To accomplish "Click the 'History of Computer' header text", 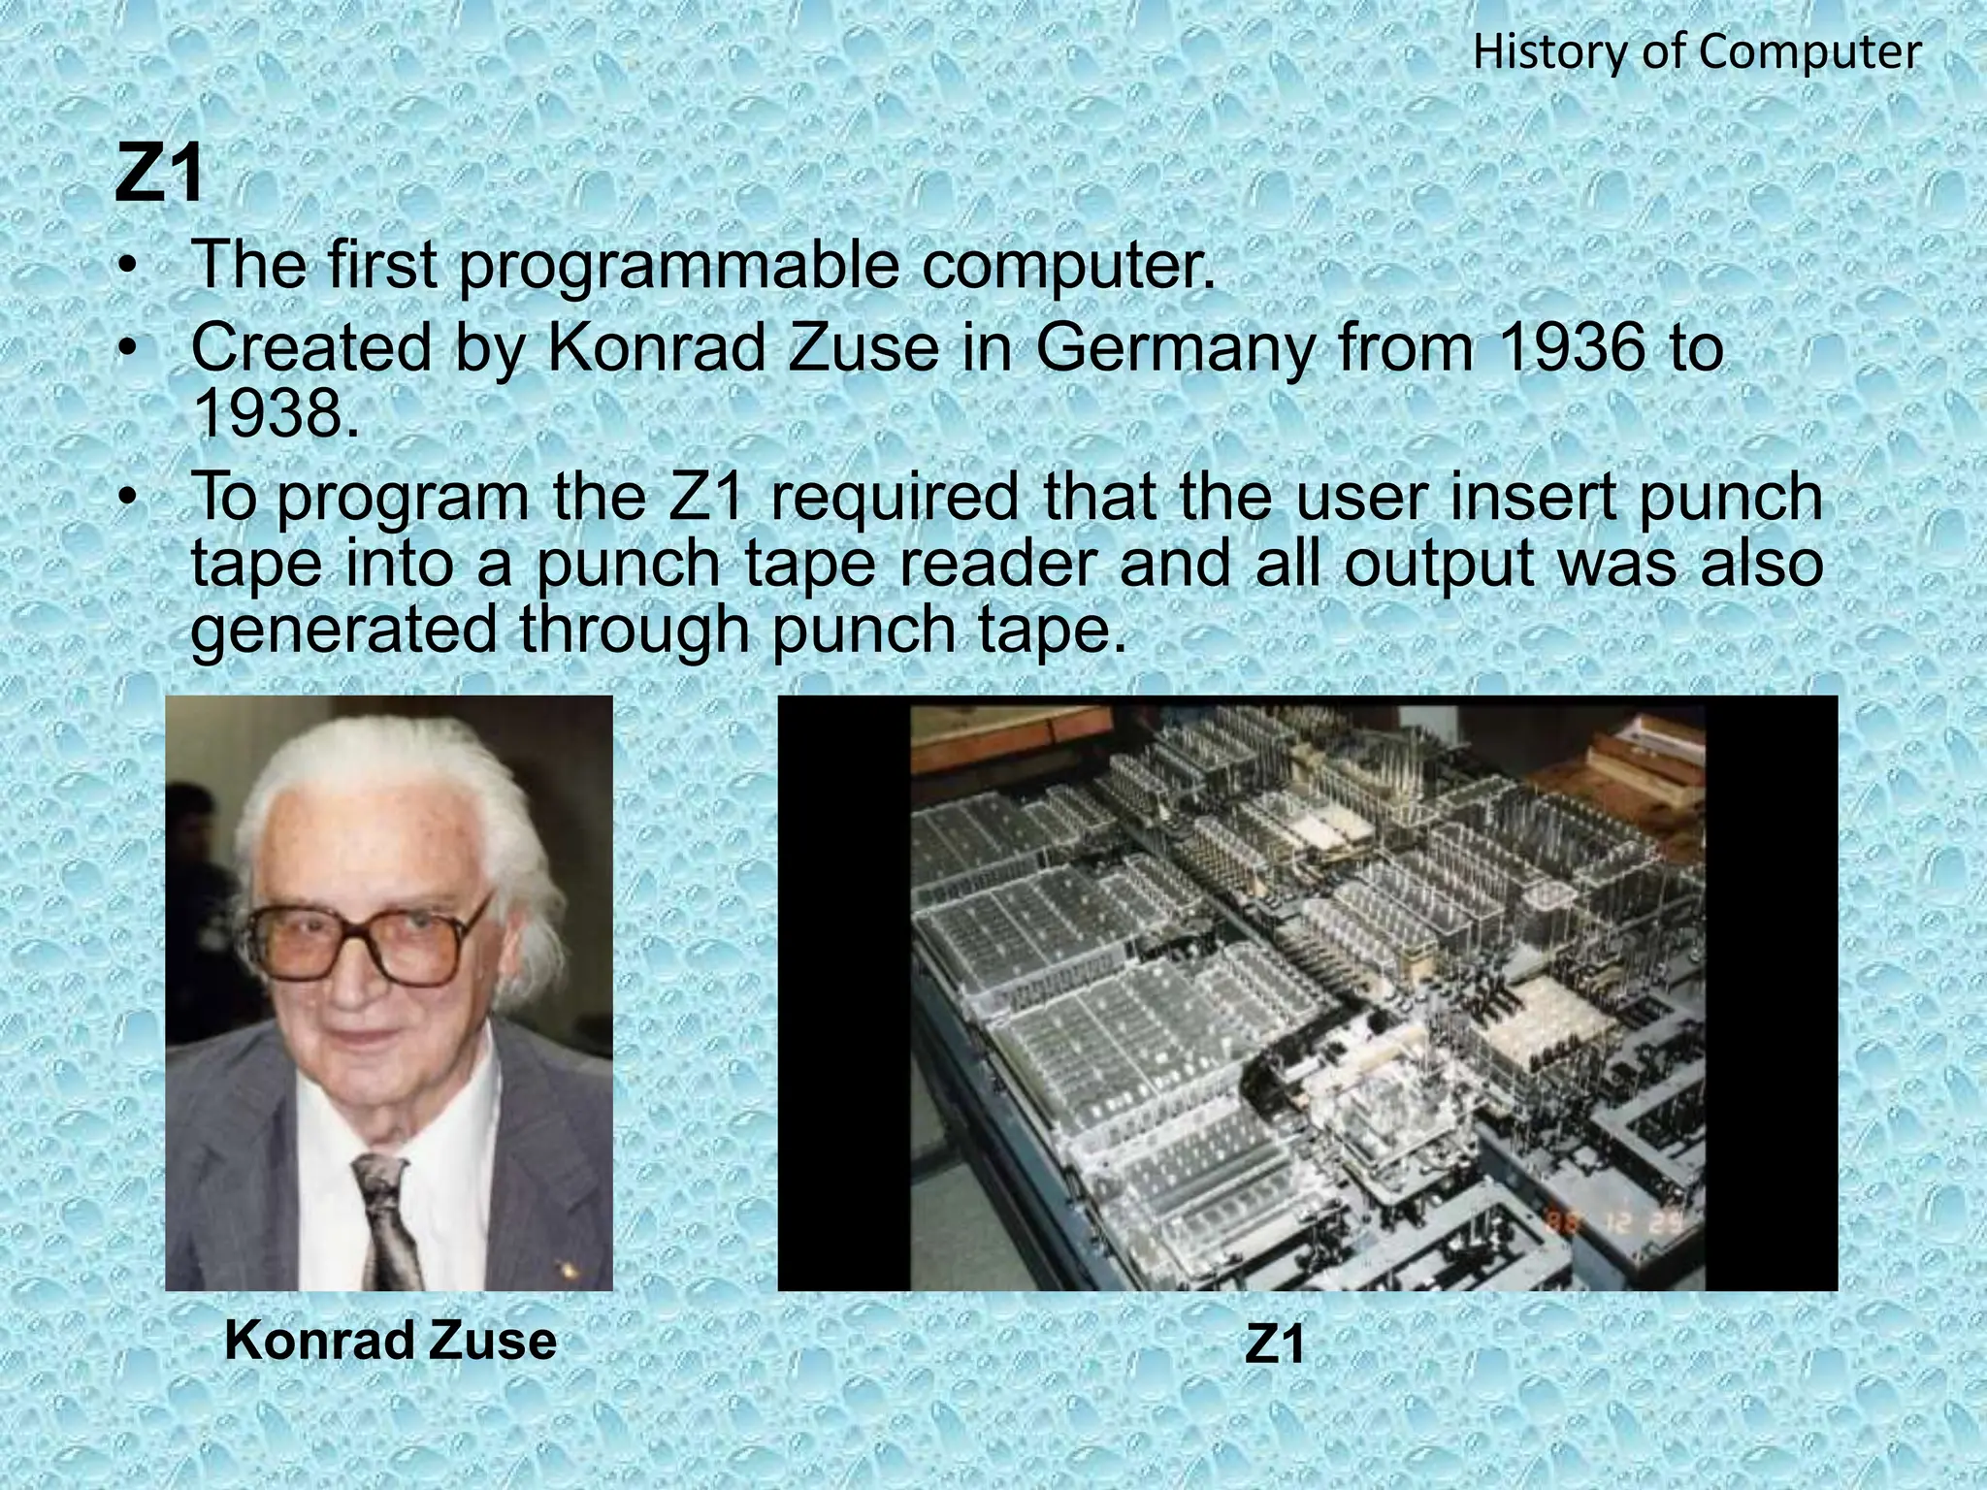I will [x=1696, y=52].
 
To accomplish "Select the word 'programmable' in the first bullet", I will [x=678, y=266].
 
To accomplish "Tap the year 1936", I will [x=1572, y=347].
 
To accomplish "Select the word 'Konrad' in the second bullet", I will [x=660, y=347].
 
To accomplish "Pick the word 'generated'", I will [x=344, y=631].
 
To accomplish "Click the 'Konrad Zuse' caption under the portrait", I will [x=390, y=1342].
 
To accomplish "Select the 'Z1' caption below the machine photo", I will [x=1275, y=1344].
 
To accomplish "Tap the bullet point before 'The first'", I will [x=126, y=266].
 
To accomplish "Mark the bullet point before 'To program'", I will [x=126, y=498].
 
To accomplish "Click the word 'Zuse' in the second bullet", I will [x=863, y=347].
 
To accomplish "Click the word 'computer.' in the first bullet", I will [x=1068, y=268].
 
